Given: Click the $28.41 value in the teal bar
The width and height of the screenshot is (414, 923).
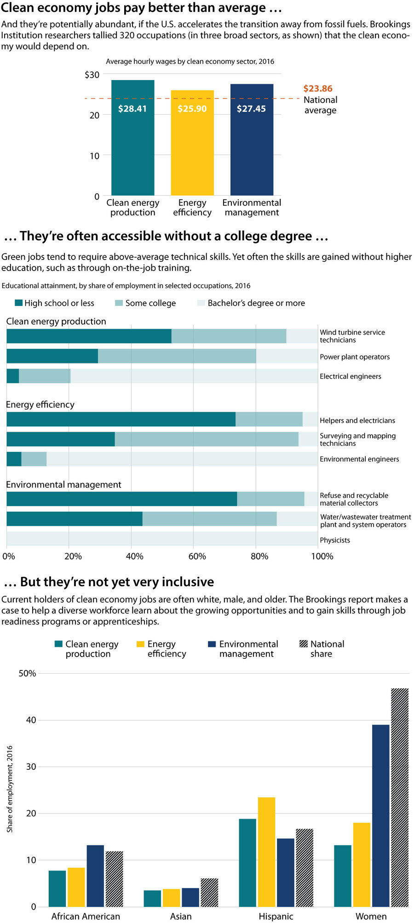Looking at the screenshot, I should [132, 109].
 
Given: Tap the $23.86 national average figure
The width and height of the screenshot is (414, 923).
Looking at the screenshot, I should [318, 89].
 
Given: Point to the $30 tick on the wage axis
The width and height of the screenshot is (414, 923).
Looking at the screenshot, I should [92, 75].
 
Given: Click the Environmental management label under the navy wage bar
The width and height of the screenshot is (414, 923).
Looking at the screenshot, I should [252, 208].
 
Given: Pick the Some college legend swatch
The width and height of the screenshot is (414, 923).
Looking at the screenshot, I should [119, 303].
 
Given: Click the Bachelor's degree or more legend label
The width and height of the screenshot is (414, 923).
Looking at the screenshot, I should [256, 303].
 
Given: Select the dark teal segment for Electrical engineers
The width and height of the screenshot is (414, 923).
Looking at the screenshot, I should [12, 376].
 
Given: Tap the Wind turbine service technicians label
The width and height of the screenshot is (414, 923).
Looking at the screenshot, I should [352, 336].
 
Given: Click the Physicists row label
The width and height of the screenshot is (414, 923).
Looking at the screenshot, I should [335, 540].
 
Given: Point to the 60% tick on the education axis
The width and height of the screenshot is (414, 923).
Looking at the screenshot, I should [197, 556].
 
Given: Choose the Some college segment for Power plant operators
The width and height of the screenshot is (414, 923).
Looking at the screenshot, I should [177, 356].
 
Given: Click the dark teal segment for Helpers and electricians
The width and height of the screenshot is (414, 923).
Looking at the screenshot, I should [121, 419].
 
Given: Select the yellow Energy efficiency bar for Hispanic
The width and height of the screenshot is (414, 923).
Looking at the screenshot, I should [266, 852].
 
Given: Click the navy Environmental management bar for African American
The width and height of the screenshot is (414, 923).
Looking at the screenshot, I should [95, 876].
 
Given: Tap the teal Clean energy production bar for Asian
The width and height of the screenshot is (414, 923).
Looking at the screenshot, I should [152, 898].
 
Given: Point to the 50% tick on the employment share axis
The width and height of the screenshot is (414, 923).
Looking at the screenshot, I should [27, 674].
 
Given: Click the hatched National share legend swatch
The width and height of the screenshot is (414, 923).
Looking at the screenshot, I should [304, 644].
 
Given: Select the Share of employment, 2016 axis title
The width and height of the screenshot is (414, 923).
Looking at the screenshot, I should [10, 789].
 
